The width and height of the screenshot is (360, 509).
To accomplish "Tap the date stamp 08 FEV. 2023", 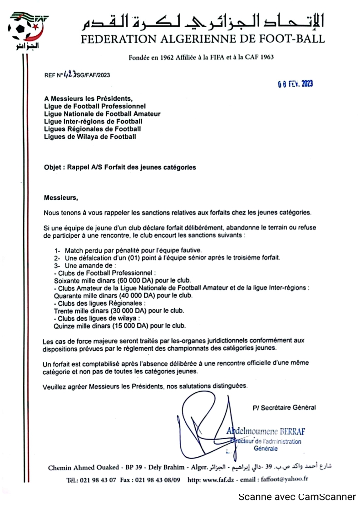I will [295, 83].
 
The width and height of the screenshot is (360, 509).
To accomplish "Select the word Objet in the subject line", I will [53, 167].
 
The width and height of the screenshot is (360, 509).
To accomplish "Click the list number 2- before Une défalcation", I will [58, 258].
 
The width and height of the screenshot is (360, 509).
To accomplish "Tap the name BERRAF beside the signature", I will [289, 432].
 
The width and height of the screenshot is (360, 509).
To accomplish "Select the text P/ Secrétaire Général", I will [284, 407].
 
